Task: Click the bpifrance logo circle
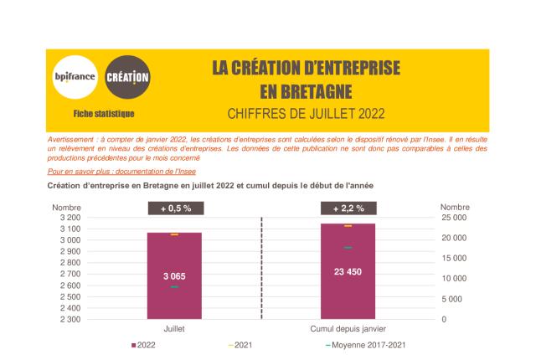pos(75,79)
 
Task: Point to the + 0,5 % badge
pos(174,208)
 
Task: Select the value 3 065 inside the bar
pos(174,275)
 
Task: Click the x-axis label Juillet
pos(174,329)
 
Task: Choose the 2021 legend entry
pos(240,345)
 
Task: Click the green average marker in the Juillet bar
pos(174,287)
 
